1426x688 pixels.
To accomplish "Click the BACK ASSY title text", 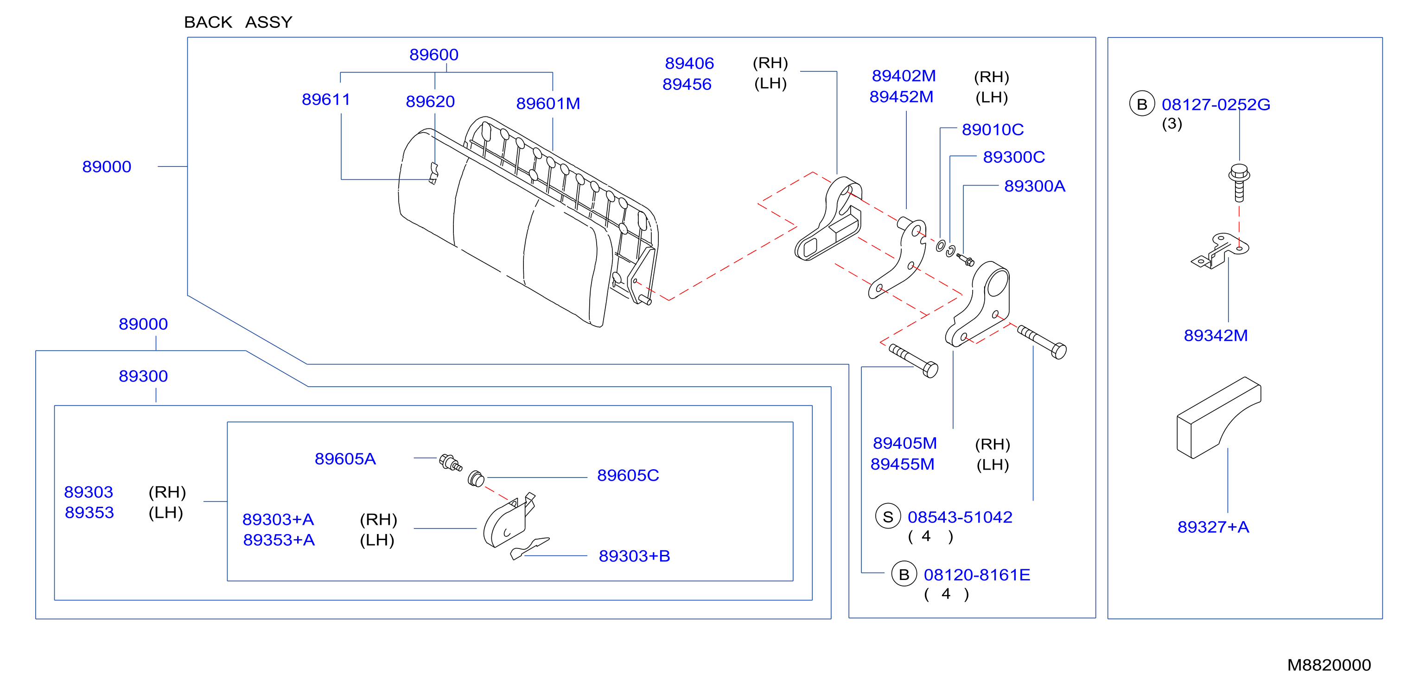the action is (238, 22).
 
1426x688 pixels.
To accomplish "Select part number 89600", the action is (434, 55).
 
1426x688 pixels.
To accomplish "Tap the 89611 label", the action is (326, 100).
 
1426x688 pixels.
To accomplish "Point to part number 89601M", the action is (548, 103).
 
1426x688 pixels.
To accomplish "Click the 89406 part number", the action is (689, 64).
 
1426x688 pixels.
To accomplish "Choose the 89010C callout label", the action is (993, 129).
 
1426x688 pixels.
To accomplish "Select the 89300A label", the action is (1035, 186).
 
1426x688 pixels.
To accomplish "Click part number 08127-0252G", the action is (1216, 105).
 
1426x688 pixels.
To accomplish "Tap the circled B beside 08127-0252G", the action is (1141, 104).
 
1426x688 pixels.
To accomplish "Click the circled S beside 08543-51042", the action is (888, 516).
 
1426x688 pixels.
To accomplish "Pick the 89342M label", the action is (1216, 335).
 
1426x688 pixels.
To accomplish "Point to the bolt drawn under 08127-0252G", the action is (1239, 183).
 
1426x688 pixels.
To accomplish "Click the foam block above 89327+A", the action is (1218, 418).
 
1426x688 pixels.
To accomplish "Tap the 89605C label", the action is (628, 476).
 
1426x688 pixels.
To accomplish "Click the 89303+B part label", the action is (634, 556).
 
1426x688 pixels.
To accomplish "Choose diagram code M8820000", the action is (1329, 665).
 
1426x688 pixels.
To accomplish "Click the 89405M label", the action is (904, 443).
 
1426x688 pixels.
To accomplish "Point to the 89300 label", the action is (143, 376).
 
